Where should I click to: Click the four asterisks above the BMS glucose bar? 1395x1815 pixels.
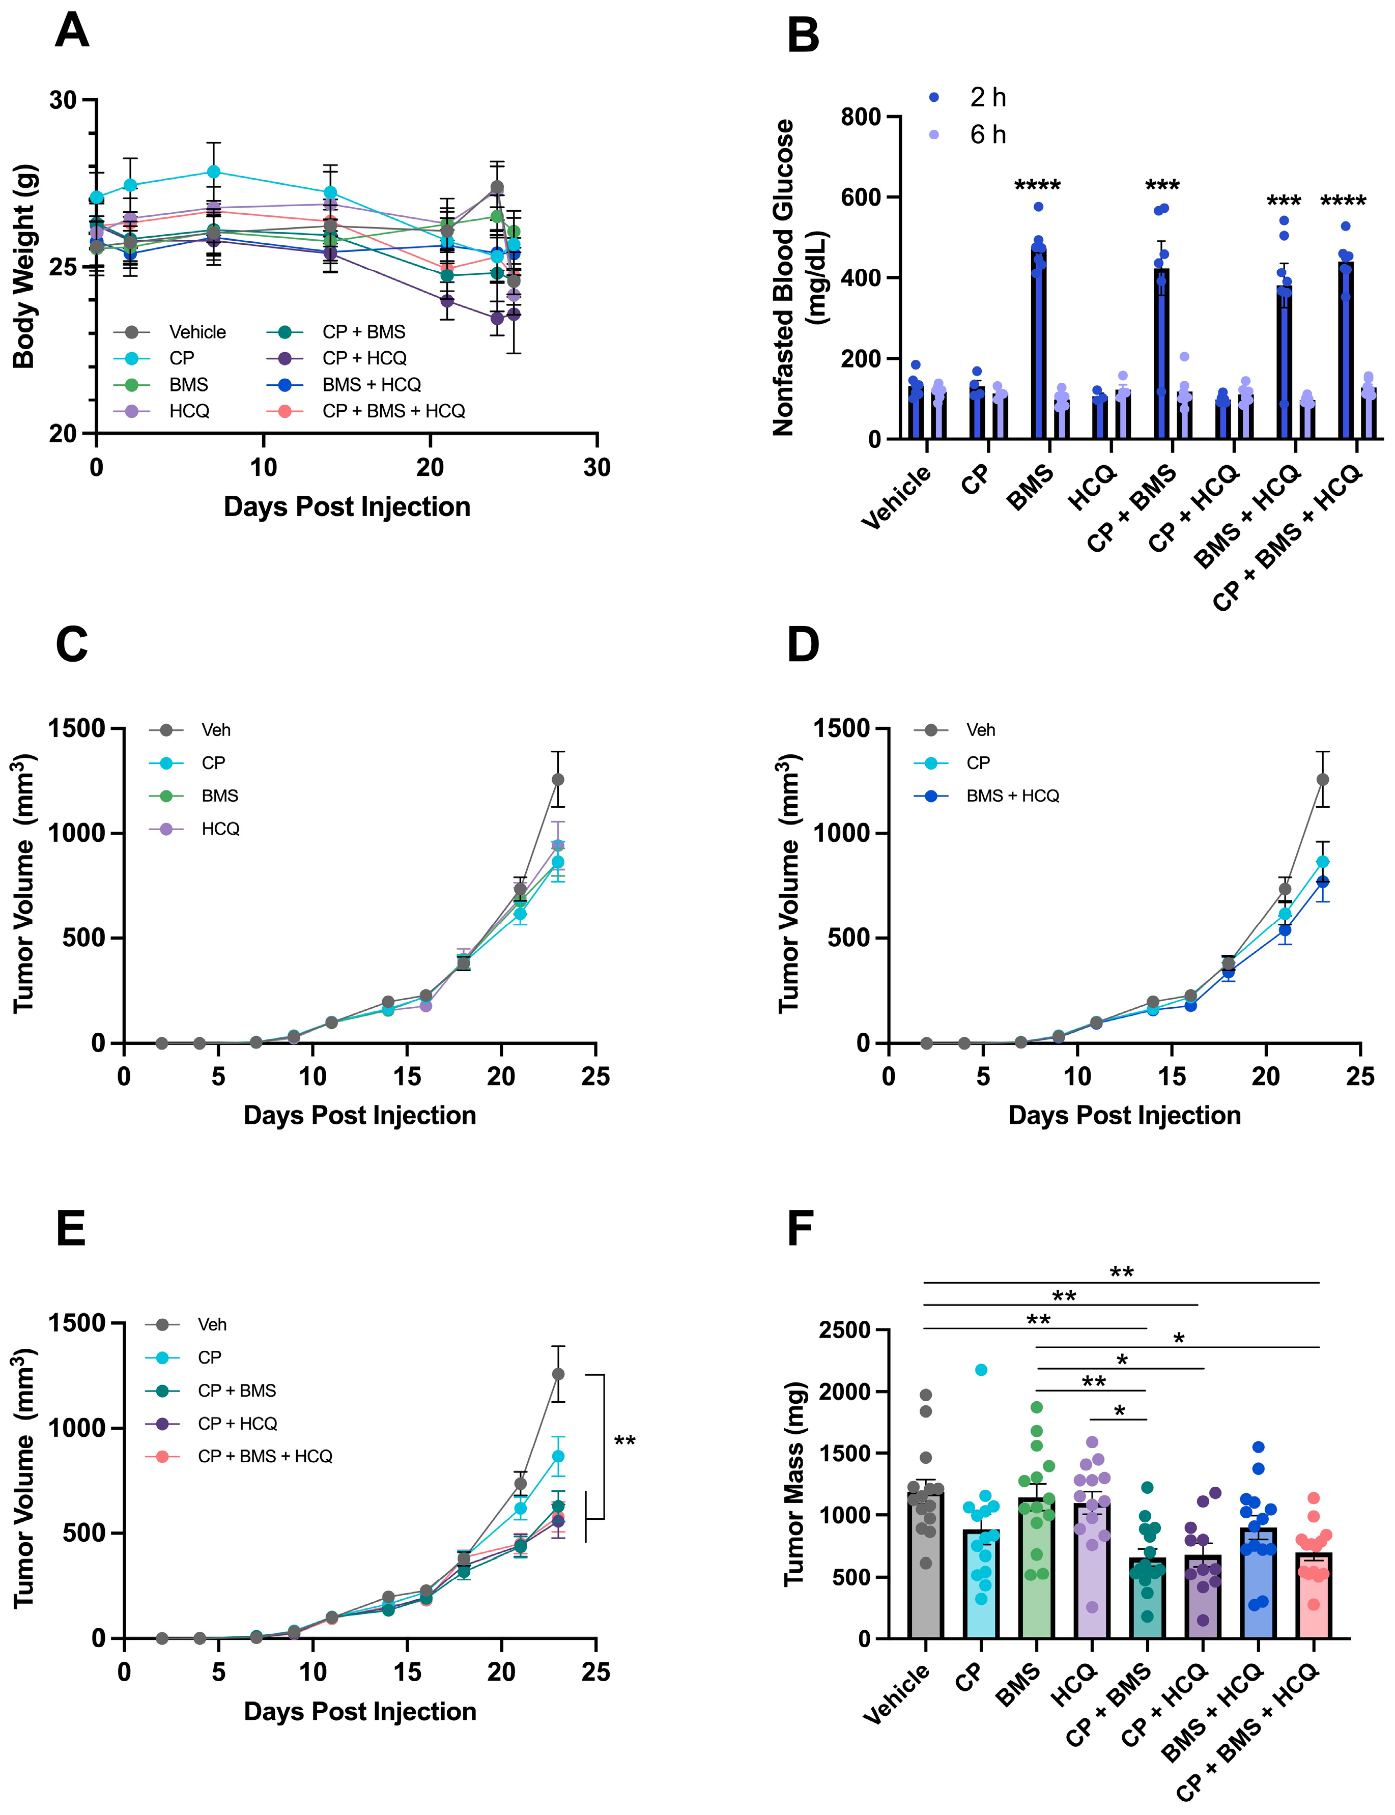pyautogui.click(x=1037, y=185)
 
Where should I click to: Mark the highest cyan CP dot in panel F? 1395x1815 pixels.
pyautogui.click(x=981, y=1370)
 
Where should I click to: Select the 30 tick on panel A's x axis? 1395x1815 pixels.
pyautogui.click(x=596, y=467)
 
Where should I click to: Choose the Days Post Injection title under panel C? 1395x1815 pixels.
pyautogui.click(x=359, y=1115)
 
